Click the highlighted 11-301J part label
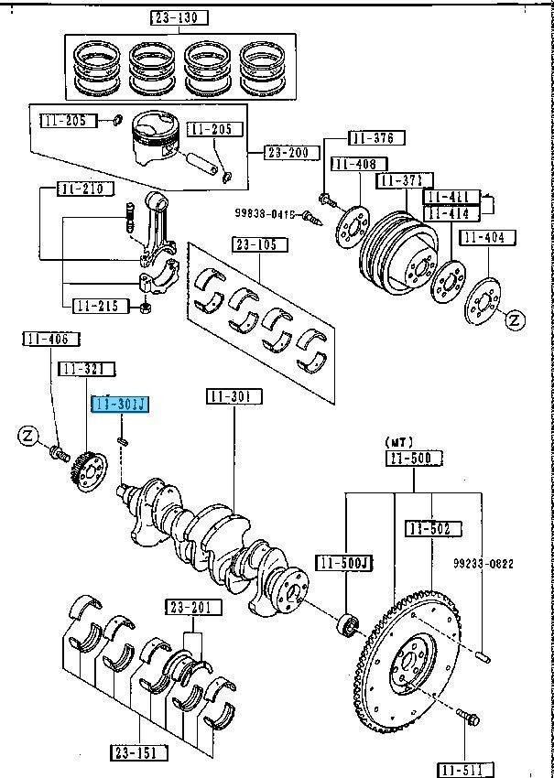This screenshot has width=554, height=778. tap(119, 405)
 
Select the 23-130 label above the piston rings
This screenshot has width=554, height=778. tap(179, 17)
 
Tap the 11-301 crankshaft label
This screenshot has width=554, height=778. tap(234, 396)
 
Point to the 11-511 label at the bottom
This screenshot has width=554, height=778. tap(465, 768)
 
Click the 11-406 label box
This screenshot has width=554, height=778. tap(46, 340)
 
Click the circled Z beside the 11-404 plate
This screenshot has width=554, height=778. tap(516, 320)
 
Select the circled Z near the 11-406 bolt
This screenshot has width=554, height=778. tap(27, 436)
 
